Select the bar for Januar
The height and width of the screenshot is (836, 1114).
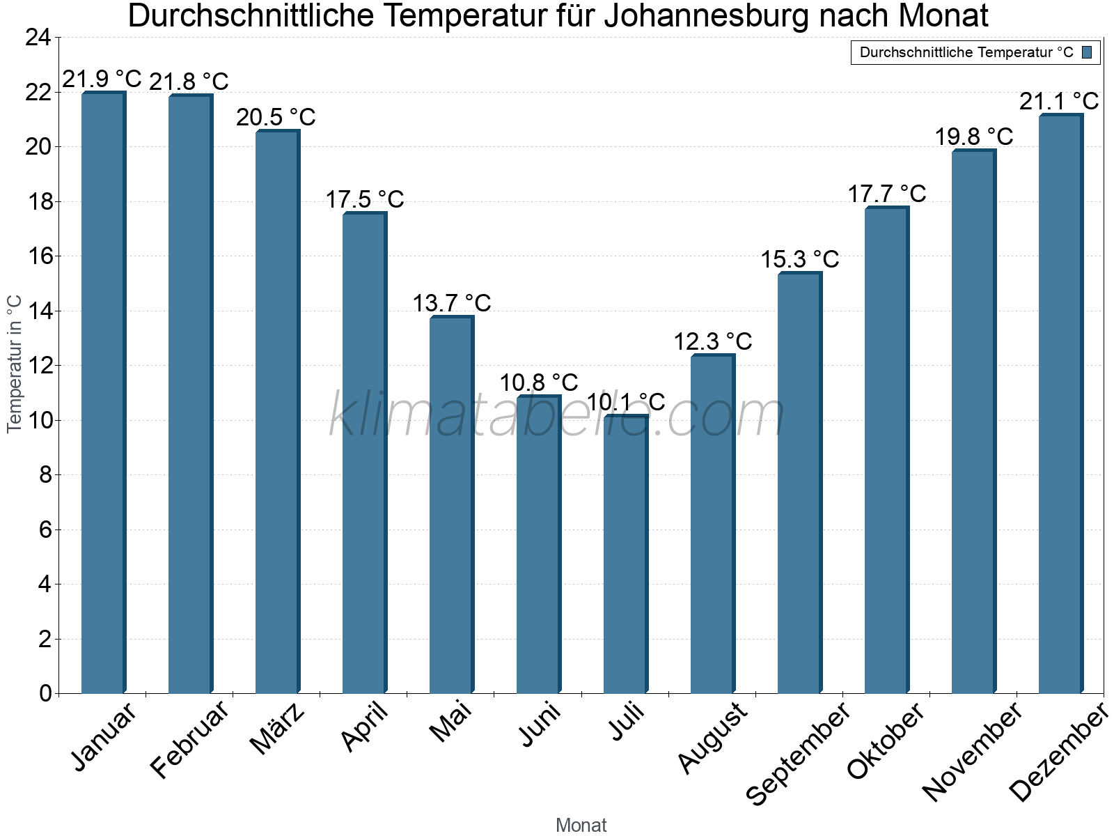coord(103,394)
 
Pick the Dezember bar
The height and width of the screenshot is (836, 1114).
coord(1060,404)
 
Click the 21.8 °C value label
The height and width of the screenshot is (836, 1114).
coord(189,82)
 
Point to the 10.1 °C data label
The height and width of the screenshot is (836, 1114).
coord(625,402)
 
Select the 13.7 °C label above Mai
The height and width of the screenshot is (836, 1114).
coord(452,303)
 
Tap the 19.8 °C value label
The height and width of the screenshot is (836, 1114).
coord(973,137)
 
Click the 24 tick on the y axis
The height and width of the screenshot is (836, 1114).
coord(38,38)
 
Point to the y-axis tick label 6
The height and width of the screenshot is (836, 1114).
coord(45,529)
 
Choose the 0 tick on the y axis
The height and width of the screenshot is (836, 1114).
coord(45,693)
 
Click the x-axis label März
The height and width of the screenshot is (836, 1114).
coord(277,729)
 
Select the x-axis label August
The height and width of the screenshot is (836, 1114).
coord(712,738)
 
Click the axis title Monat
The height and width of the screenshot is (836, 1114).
coord(581,825)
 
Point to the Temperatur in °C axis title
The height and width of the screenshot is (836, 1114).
coord(15,364)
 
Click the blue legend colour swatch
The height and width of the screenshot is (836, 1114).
coord(1087,52)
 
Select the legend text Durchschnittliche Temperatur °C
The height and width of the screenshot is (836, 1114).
coord(966,52)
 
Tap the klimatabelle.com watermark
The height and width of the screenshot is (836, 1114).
coord(557,415)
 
